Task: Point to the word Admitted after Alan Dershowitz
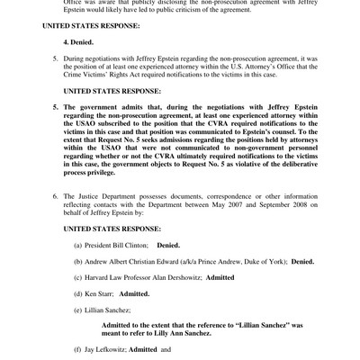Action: coord(220,277)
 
